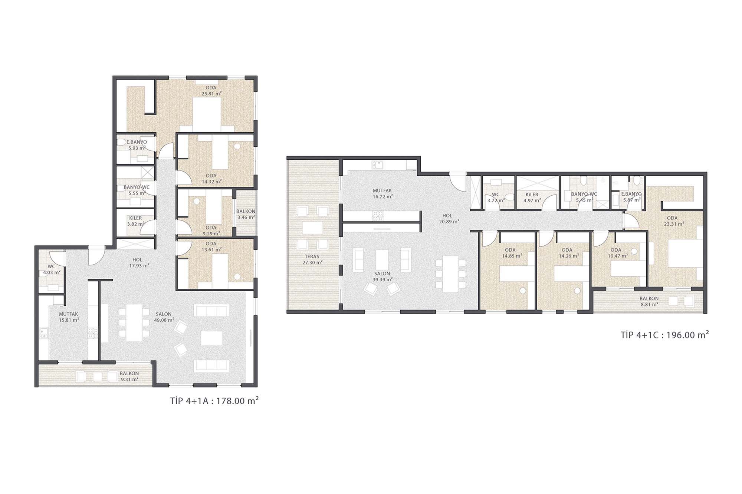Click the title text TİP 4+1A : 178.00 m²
214,401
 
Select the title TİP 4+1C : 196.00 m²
665,335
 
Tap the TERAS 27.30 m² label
312,259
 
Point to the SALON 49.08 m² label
164,317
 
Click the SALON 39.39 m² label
383,276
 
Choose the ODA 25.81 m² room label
211,91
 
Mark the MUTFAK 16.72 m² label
383,193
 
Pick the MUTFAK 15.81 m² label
69,317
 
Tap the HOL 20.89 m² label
449,218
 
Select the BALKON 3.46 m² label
246,214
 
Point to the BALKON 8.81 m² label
649,301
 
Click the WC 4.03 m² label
52,269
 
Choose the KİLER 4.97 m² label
532,198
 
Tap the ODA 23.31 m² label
672,221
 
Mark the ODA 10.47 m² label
616,253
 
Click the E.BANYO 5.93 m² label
137,145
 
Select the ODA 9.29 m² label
211,231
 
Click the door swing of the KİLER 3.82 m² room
148,227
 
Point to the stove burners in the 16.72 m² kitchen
378,215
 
